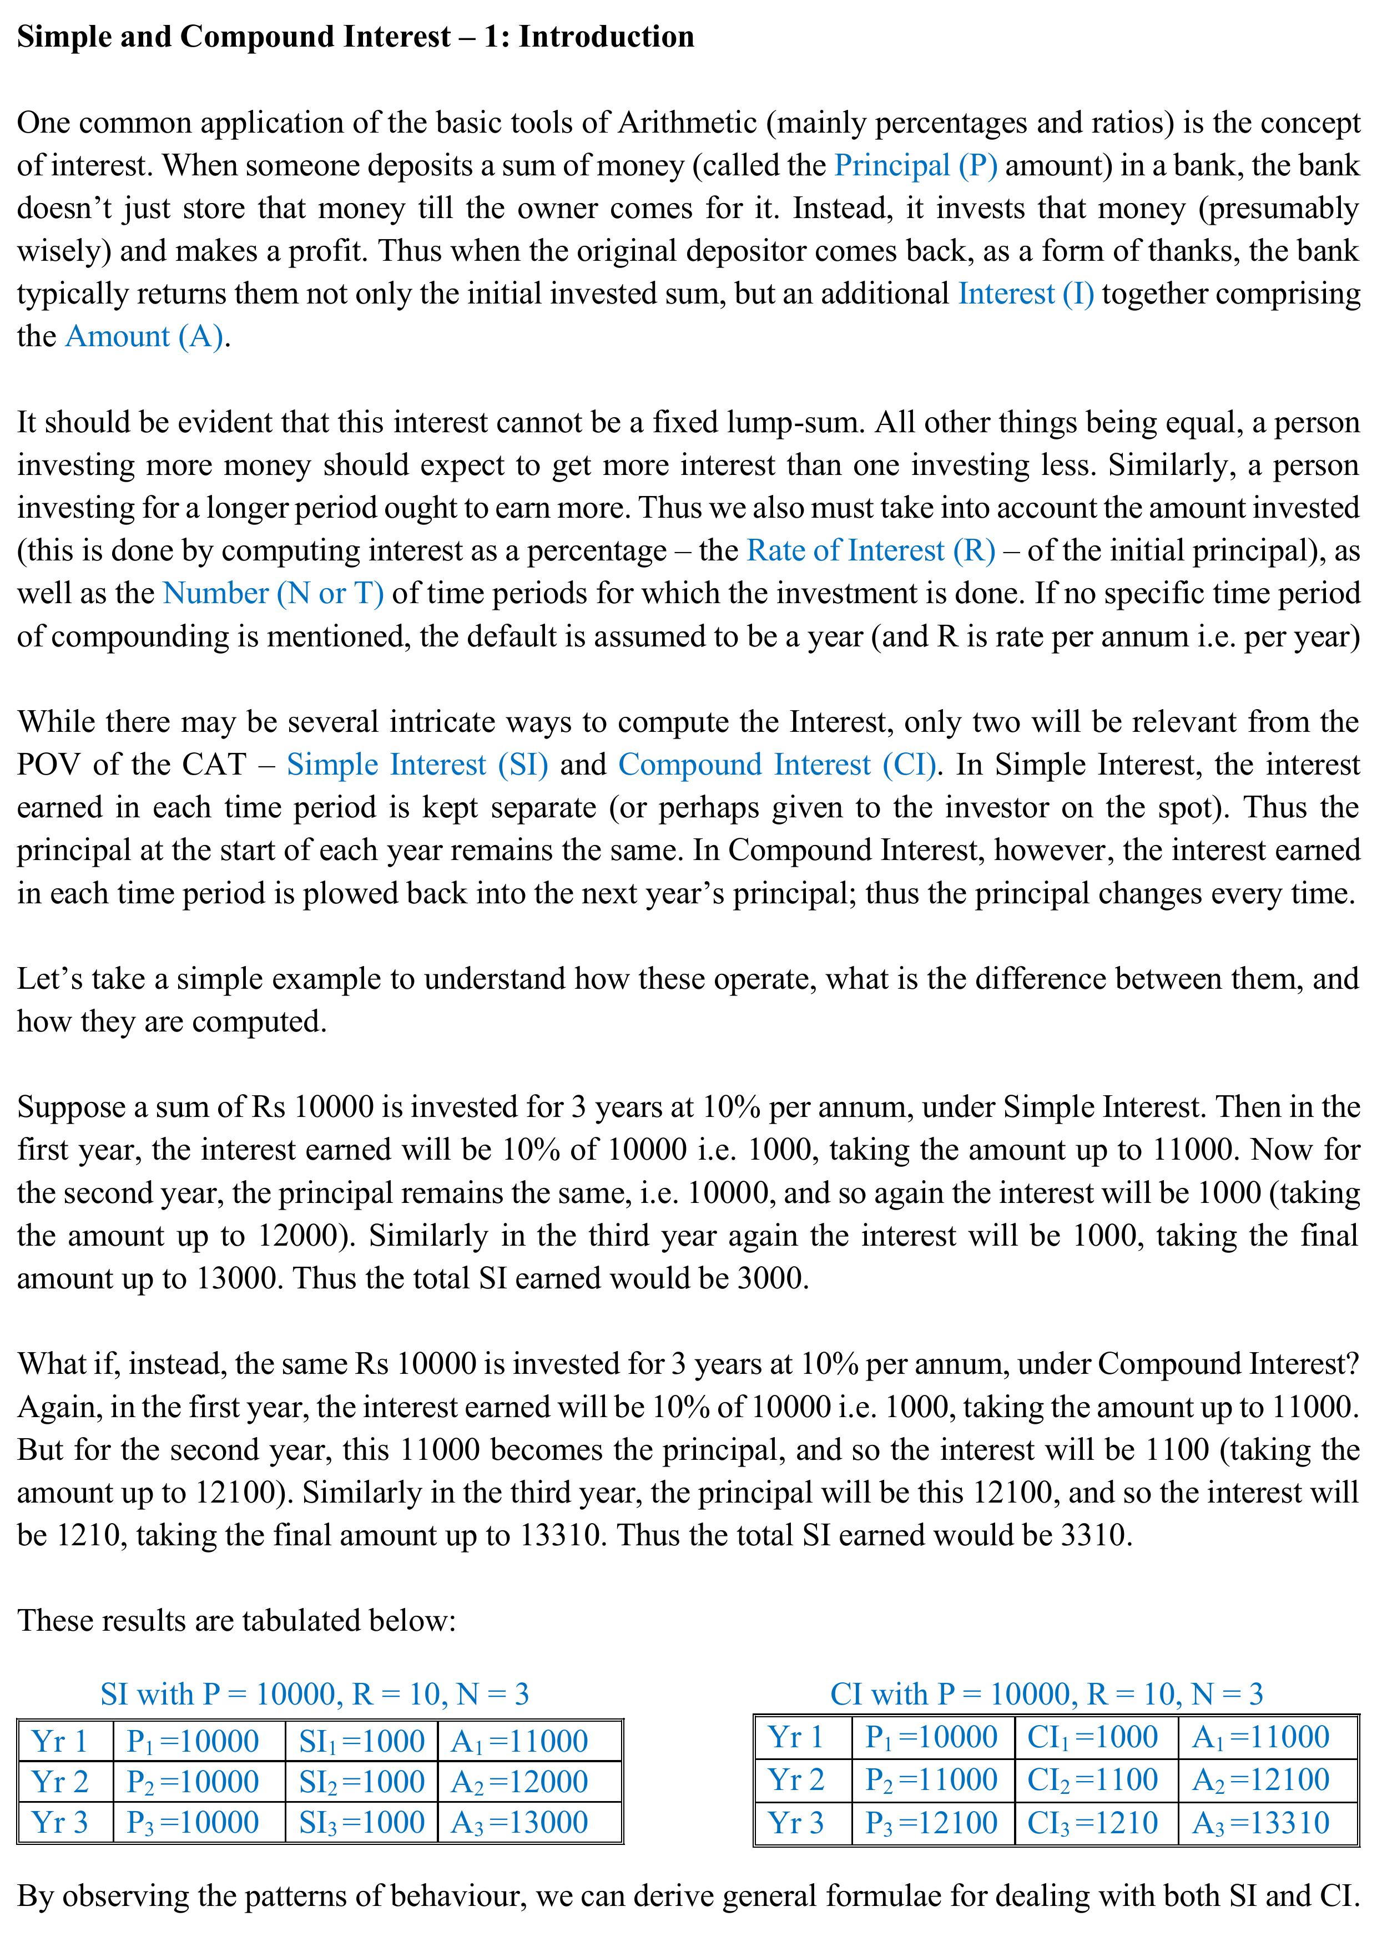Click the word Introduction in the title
607,37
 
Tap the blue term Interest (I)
1026,294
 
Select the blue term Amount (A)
145,337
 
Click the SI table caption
315,1693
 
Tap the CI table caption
1046,1693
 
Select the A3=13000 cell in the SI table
519,1822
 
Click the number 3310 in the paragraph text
1095,1535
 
